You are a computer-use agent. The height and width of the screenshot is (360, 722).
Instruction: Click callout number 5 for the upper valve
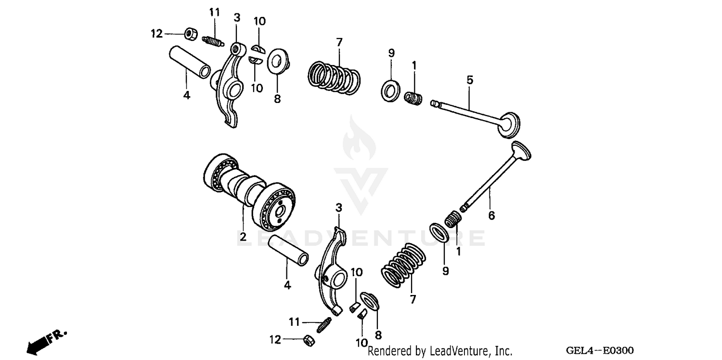(470, 80)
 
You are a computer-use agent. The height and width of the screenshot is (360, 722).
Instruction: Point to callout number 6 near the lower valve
(491, 216)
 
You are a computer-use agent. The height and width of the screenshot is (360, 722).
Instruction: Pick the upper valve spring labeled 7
(334, 77)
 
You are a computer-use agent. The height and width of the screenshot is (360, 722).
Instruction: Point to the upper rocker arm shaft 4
(189, 62)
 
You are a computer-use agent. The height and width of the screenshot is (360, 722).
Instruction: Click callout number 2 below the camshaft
(243, 237)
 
